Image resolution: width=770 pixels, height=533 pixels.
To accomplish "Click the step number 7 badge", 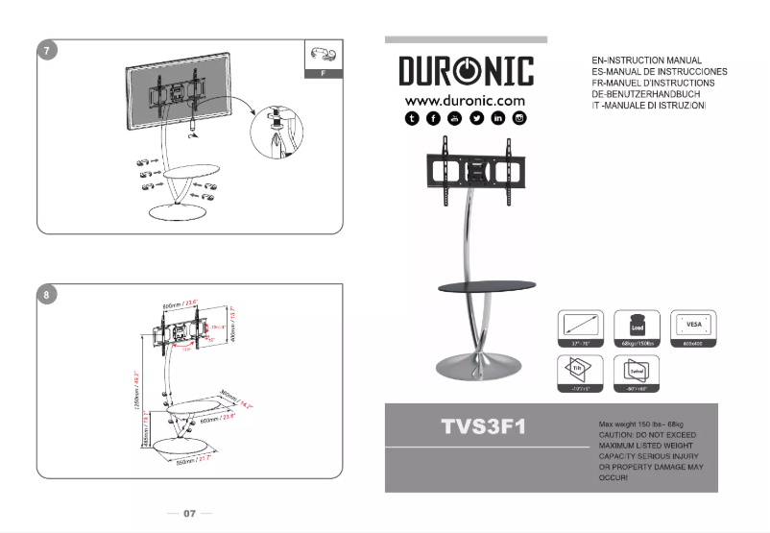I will (x=46, y=51).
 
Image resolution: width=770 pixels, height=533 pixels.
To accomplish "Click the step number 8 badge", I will (x=46, y=295).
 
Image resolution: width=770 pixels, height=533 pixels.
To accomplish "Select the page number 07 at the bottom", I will (x=189, y=514).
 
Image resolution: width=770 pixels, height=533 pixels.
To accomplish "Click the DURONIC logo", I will (x=466, y=72).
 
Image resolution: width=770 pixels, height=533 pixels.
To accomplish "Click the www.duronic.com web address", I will (x=466, y=100).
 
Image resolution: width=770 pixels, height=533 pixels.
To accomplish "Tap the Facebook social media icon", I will (x=433, y=118).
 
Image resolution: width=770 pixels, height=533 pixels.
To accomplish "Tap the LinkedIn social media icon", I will (x=497, y=118).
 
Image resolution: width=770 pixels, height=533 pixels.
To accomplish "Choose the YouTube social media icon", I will (x=454, y=118).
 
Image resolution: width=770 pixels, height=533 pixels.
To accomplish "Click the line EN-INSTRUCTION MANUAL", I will (x=648, y=61).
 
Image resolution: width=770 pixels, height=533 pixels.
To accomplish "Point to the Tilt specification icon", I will (x=579, y=369).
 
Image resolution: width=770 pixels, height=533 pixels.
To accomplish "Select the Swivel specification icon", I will (x=636, y=369).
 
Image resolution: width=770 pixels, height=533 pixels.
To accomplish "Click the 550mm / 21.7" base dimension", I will (x=195, y=463).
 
